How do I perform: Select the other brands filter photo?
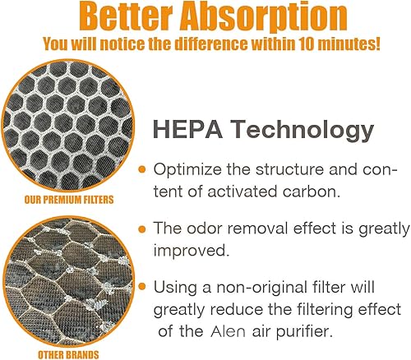pos(58,279)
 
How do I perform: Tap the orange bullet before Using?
pos(142,287)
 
